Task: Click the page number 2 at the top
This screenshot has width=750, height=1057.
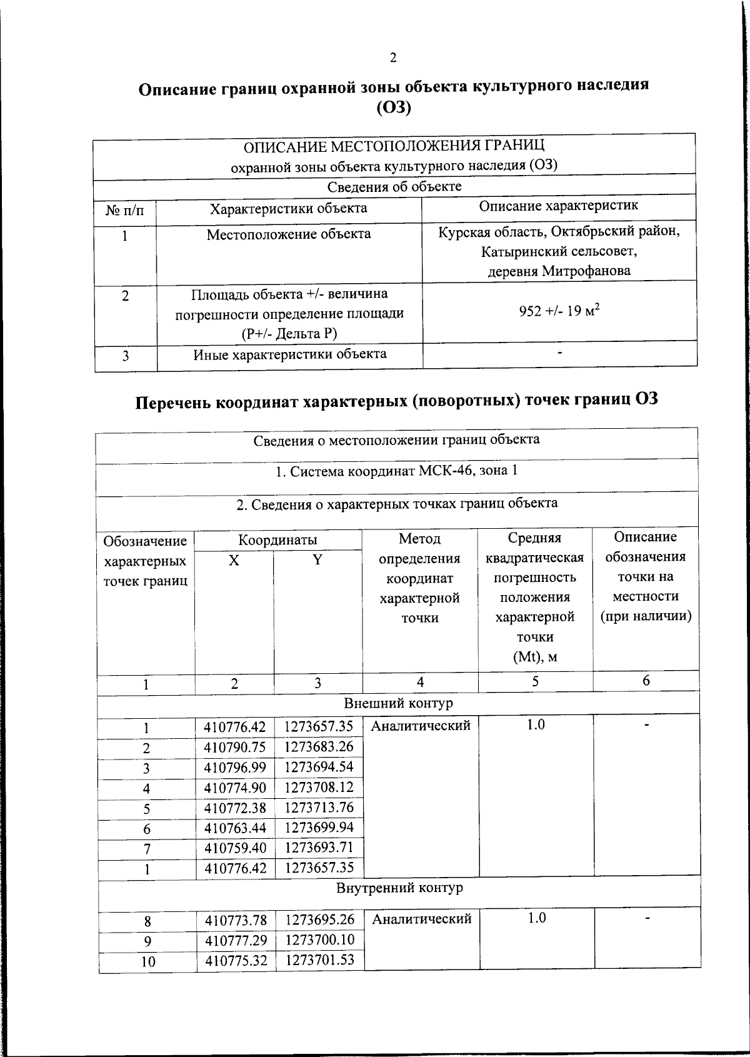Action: point(392,58)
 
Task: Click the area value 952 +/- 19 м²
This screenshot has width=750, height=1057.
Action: point(559,311)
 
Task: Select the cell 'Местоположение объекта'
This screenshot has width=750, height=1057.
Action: point(289,234)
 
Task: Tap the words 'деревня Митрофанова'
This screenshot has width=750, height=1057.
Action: point(559,271)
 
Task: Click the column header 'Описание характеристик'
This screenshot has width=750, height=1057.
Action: point(559,206)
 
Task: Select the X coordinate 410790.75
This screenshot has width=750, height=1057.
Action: point(235,748)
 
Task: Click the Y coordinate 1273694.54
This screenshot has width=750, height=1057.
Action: point(319,767)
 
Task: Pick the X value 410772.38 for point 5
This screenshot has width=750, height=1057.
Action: point(235,808)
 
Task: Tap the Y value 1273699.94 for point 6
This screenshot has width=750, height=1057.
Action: point(319,828)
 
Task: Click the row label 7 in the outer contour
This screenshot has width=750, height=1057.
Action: point(147,849)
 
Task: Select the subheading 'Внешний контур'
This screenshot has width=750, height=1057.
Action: point(398,703)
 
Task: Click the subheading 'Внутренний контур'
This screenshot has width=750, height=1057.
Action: point(399,888)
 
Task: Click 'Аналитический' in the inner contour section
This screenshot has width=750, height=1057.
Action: point(421,919)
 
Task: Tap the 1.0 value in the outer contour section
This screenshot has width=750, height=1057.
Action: point(536,724)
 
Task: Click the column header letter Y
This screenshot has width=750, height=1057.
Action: point(317,560)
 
